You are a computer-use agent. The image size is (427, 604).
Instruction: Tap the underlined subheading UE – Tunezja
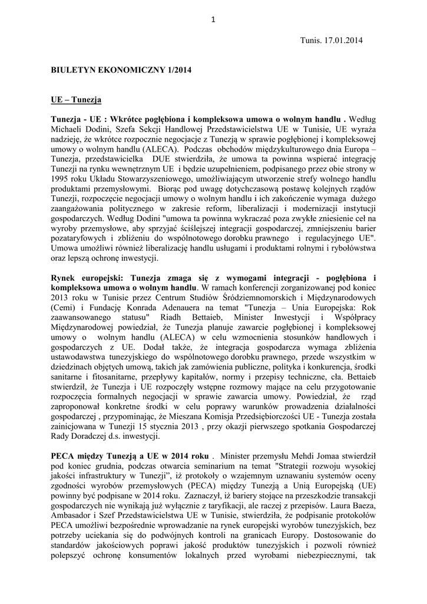tap(75, 100)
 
